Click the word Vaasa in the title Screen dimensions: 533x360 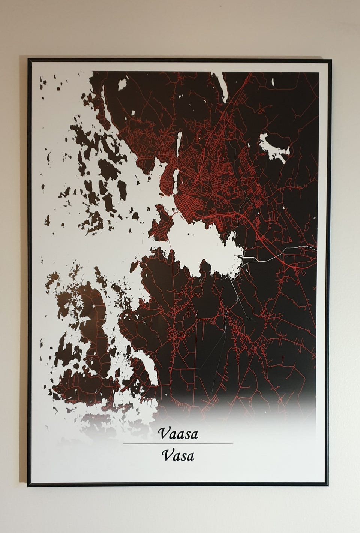click(178, 434)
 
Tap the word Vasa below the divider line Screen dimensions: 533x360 click(178, 456)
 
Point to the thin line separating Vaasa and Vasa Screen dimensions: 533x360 click(178, 444)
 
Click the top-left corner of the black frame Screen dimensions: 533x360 click(28, 59)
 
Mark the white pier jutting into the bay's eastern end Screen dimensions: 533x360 click(240, 256)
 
